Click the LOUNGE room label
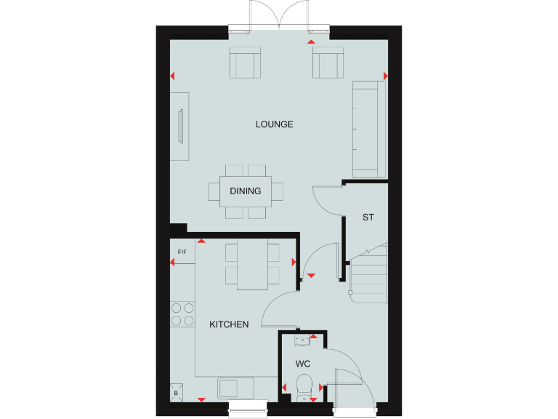274,124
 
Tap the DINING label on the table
246,191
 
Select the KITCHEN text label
229,324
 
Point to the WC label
302,363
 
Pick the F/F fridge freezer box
182,252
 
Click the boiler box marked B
177,392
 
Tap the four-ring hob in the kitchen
182,314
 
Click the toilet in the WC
304,384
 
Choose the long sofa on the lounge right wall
368,129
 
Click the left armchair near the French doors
245,63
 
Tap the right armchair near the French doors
328,63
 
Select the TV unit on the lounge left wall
180,126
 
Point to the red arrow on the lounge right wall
385,76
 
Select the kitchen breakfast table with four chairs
252,263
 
